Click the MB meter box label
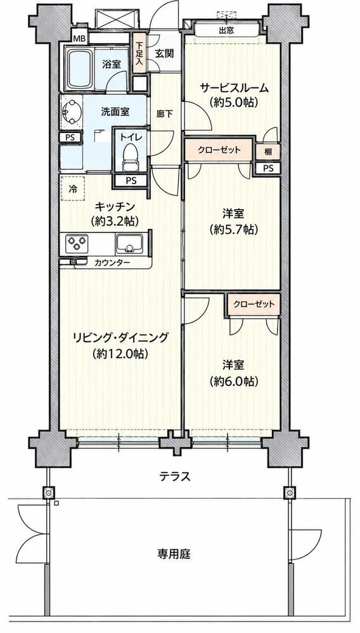(x=79, y=39)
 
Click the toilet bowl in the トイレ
(x=129, y=158)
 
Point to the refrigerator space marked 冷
(x=73, y=189)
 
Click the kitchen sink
(x=129, y=244)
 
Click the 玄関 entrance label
(x=164, y=53)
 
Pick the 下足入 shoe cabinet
(x=139, y=53)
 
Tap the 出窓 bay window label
(x=226, y=30)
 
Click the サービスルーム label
(x=234, y=87)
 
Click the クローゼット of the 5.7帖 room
(x=219, y=150)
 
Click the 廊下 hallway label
(x=164, y=114)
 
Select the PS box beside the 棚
(x=267, y=169)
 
